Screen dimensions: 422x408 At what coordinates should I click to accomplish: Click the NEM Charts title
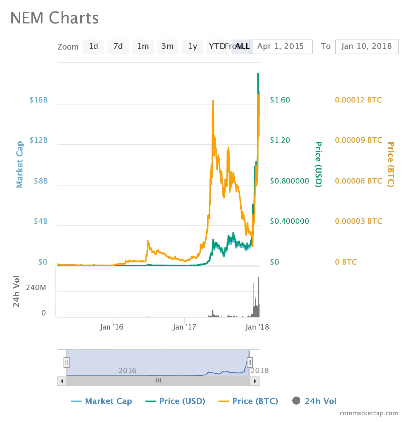click(x=55, y=18)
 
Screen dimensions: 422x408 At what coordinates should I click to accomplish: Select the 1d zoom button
click(x=93, y=47)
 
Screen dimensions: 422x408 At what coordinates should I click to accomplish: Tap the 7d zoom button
click(x=118, y=47)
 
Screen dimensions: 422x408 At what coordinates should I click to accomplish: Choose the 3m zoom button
click(x=168, y=47)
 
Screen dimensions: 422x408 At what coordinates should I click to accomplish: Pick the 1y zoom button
click(x=193, y=47)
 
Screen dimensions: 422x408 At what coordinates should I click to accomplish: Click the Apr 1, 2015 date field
click(x=281, y=47)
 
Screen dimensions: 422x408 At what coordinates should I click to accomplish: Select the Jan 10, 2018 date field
click(x=367, y=47)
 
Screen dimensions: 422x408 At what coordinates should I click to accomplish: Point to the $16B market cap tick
click(x=38, y=100)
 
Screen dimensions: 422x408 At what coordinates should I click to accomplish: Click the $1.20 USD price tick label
click(x=280, y=140)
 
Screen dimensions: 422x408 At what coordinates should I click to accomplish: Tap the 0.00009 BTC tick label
click(x=359, y=140)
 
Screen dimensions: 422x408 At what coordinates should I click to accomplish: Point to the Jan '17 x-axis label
click(x=184, y=327)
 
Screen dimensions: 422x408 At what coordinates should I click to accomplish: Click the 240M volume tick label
click(x=36, y=288)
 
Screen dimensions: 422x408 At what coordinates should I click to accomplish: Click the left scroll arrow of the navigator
click(x=62, y=381)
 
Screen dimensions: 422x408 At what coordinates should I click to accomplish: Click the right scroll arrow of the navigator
click(x=255, y=381)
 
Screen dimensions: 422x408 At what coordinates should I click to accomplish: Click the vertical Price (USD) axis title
click(x=318, y=164)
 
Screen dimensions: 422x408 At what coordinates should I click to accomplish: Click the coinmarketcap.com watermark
click(x=369, y=414)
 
